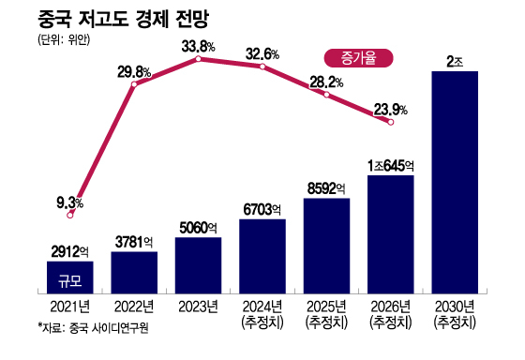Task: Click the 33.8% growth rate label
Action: click(x=198, y=45)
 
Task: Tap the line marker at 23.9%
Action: click(x=391, y=121)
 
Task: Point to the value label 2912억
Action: click(x=70, y=251)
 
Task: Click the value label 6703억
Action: click(x=262, y=209)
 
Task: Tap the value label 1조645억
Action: click(x=391, y=165)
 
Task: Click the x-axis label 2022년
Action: click(x=134, y=306)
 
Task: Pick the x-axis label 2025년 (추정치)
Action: click(x=326, y=313)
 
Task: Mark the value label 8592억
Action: click(x=326, y=187)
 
